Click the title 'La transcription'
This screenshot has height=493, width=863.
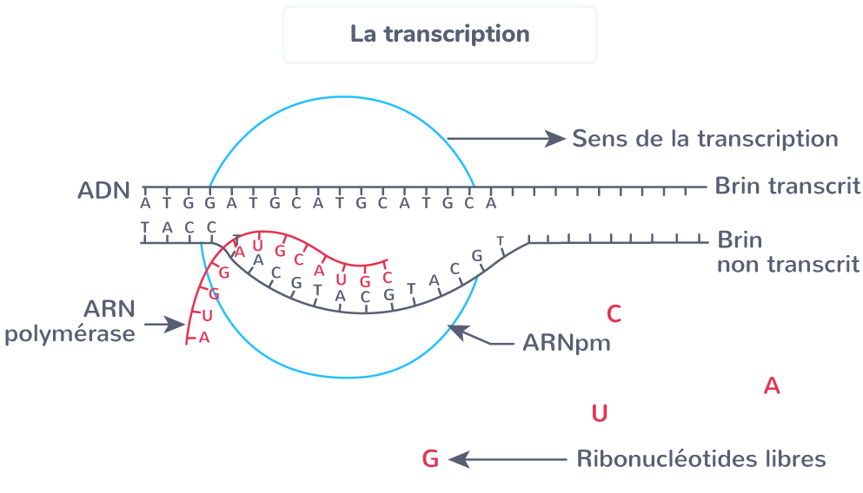(440, 34)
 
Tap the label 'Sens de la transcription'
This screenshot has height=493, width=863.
(705, 139)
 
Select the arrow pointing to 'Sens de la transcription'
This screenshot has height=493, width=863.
(507, 139)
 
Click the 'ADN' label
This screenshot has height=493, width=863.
(103, 191)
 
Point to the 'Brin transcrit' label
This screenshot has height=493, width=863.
(787, 186)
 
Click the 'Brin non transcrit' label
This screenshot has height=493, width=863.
(788, 253)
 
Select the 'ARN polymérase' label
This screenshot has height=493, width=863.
(70, 321)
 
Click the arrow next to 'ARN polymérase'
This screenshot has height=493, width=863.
(164, 325)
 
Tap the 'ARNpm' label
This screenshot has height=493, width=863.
(567, 343)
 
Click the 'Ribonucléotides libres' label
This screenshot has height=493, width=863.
(701, 459)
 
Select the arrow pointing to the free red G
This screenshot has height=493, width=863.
(508, 459)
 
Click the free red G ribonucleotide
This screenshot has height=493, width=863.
(430, 459)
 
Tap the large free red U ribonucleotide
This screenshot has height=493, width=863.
(600, 413)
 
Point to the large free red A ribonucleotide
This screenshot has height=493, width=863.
(772, 386)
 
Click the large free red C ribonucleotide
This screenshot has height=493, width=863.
(614, 314)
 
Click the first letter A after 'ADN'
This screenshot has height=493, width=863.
(145, 204)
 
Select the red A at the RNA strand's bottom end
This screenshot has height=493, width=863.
(204, 338)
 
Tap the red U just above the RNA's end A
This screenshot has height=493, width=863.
(207, 316)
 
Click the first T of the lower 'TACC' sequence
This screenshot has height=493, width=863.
(145, 227)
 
